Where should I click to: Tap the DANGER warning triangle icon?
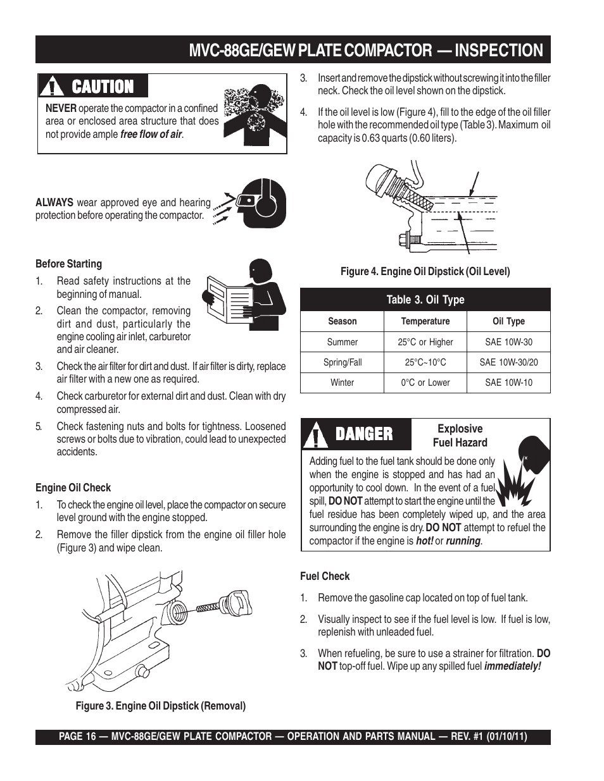point(315,434)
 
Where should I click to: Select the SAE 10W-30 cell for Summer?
point(508,342)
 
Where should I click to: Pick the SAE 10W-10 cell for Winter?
point(508,383)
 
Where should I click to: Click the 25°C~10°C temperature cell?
point(425,362)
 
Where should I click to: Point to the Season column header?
point(342,321)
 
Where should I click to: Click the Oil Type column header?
point(508,321)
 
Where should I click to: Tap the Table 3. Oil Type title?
point(425,300)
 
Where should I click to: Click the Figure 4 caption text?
point(425,271)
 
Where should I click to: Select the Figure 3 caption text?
point(161,706)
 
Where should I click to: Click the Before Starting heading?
point(68,264)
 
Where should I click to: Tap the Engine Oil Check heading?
point(73,488)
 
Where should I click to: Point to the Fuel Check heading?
point(324,576)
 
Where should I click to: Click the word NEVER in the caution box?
point(60,108)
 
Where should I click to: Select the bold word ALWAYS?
point(54,202)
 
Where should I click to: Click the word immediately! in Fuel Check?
point(512,666)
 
